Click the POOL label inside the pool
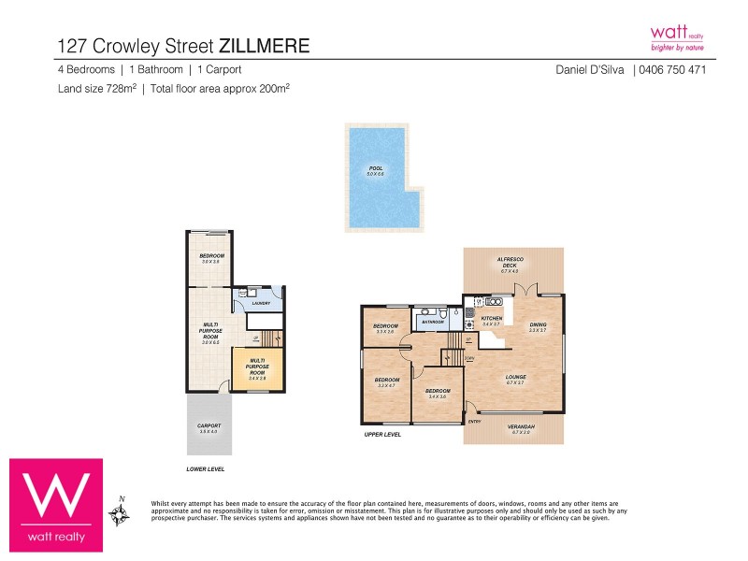click(376, 168)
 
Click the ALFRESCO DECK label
click(509, 266)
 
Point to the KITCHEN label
click(492, 319)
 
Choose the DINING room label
click(538, 325)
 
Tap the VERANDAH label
click(518, 427)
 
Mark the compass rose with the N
click(119, 512)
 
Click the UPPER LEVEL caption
click(382, 435)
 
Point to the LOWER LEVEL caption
click(205, 467)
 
